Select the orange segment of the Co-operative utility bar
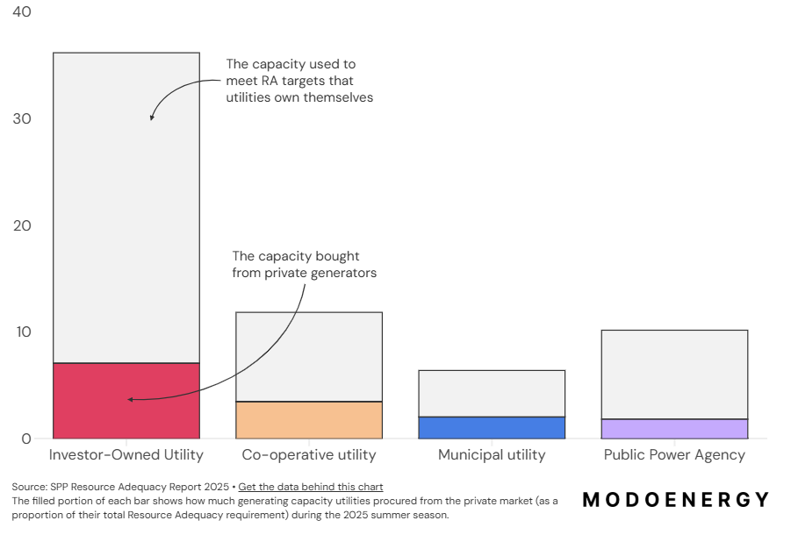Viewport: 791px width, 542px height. point(309,420)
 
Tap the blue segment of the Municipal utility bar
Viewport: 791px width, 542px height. point(491,427)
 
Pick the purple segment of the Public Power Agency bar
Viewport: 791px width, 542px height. point(674,429)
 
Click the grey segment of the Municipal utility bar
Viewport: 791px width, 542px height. point(491,393)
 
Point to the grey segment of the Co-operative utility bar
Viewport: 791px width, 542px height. point(309,356)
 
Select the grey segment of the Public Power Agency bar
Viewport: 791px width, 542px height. point(674,374)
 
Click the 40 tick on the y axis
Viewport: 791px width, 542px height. point(22,12)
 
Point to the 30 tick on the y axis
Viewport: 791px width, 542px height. point(22,119)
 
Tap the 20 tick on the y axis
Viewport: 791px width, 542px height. point(22,225)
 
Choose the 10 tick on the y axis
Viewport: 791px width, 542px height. point(22,332)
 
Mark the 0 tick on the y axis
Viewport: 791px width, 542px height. point(26,439)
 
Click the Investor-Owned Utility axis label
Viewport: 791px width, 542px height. point(126,455)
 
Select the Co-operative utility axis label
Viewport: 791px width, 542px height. point(309,455)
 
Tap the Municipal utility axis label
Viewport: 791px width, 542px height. point(491,455)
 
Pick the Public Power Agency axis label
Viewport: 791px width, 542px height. point(674,455)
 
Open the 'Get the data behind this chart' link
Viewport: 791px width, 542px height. point(310,487)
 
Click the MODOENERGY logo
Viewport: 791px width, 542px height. point(676,500)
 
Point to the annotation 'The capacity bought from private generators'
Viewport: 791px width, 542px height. point(304,264)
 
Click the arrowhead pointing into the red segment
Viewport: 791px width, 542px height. point(130,400)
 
